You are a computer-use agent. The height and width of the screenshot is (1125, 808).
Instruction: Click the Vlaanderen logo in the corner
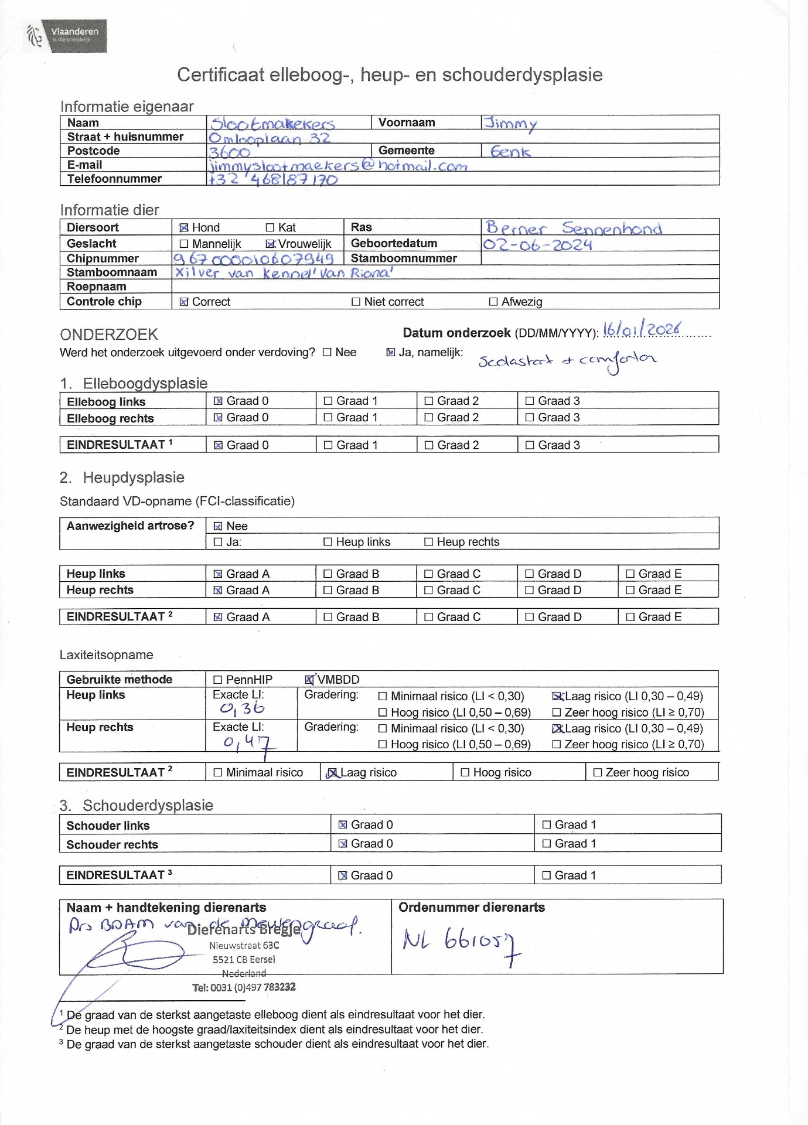click(66, 36)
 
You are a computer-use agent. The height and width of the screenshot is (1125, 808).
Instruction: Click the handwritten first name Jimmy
click(510, 124)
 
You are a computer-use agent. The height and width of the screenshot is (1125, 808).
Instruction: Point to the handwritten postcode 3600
click(230, 152)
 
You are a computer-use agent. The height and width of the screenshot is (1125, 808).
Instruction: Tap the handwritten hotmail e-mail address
click(339, 166)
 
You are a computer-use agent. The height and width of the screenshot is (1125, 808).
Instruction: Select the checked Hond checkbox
click(184, 228)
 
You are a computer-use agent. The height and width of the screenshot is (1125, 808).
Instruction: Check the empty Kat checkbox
click(270, 227)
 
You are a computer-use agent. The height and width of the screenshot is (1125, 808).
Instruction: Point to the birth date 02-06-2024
click(537, 244)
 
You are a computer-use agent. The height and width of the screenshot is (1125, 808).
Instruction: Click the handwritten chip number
click(253, 258)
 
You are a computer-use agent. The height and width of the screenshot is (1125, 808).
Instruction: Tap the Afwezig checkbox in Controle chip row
click(493, 302)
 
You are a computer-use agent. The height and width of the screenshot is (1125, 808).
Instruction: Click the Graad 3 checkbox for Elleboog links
click(530, 401)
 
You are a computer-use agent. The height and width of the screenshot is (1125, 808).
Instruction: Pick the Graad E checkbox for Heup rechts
click(630, 590)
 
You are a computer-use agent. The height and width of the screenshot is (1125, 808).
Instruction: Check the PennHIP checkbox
click(218, 680)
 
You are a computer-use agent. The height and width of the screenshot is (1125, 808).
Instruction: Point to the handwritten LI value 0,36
click(242, 708)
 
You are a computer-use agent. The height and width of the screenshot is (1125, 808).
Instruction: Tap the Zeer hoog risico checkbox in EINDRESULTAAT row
click(598, 772)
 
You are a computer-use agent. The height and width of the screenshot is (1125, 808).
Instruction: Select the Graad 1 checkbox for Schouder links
click(547, 825)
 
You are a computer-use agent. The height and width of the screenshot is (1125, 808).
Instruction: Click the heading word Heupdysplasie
click(133, 478)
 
